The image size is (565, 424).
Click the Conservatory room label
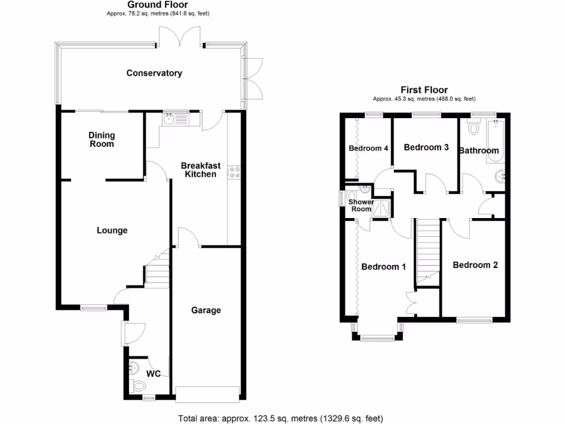(x=154, y=73)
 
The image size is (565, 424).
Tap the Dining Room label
(x=102, y=140)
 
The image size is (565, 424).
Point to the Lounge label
(x=112, y=230)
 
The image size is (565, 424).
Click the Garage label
(x=206, y=310)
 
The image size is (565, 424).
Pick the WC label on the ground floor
(x=153, y=374)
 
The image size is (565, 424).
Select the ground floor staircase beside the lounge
(x=157, y=271)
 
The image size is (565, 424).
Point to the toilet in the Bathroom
(x=473, y=128)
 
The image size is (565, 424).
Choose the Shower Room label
(x=361, y=205)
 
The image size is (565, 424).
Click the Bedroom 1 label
(x=383, y=267)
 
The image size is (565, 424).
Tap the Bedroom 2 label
(x=475, y=265)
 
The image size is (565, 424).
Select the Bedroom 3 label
(x=426, y=147)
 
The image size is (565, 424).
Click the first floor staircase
(x=427, y=248)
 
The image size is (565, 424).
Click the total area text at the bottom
(x=280, y=418)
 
